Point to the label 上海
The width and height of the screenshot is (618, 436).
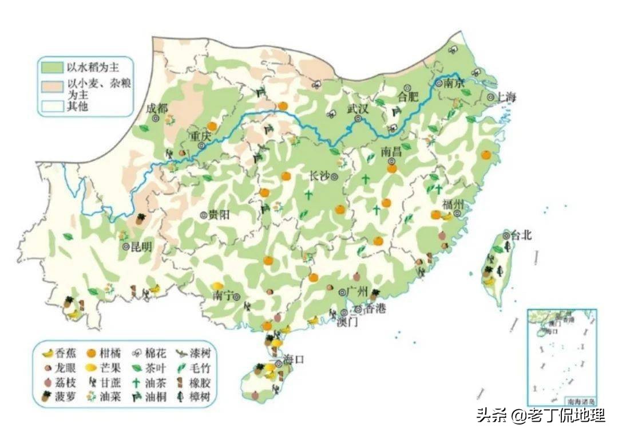click(x=506, y=97)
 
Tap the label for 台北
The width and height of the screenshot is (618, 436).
click(x=520, y=234)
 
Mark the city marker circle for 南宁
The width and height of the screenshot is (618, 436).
click(x=236, y=296)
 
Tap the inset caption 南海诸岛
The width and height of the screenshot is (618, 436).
click(x=578, y=400)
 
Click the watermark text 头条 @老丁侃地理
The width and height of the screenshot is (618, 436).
click(x=541, y=415)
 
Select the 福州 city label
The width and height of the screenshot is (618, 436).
click(x=453, y=205)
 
